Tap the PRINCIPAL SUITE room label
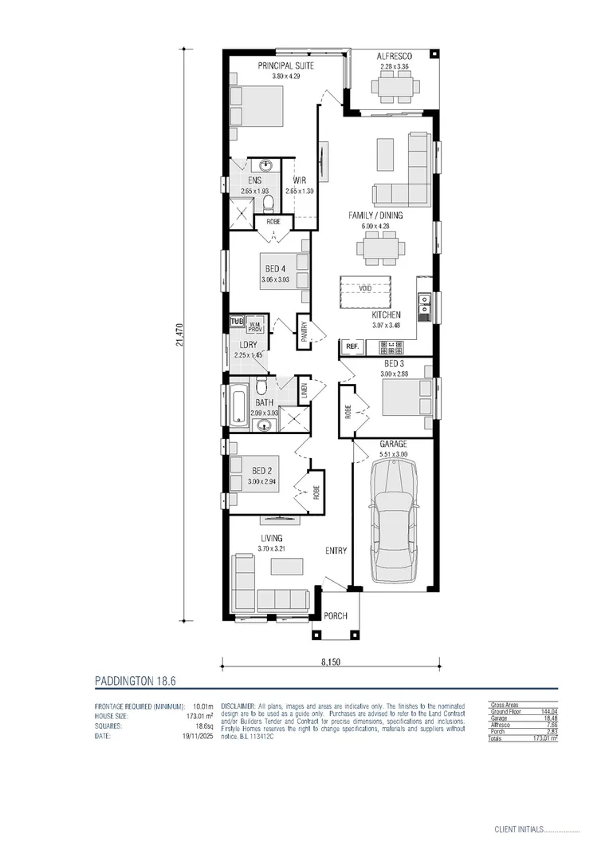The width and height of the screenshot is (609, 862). click(285, 65)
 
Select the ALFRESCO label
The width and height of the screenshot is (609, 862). click(394, 56)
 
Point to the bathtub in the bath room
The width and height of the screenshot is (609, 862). click(238, 405)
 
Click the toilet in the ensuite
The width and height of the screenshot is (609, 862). click(269, 200)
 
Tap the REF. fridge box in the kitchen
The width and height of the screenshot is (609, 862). click(352, 346)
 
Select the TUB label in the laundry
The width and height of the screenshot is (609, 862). click(236, 322)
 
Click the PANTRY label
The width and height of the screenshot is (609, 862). click(304, 330)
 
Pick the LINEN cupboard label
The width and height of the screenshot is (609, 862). click(304, 392)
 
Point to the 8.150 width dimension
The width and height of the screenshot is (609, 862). click(328, 662)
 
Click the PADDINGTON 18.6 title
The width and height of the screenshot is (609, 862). click(134, 681)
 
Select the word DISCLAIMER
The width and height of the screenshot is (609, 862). click(237, 706)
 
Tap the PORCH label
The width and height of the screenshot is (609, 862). click(336, 615)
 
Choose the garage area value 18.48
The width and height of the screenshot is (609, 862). click(548, 718)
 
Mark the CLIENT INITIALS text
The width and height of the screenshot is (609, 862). click(518, 830)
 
